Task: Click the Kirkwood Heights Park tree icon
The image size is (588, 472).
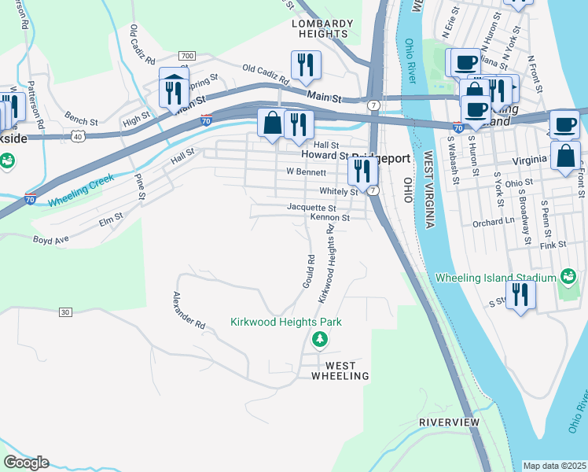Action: [x=319, y=339]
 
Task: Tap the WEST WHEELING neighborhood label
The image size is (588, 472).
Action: [x=340, y=371]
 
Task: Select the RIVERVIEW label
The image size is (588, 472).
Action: [x=449, y=422]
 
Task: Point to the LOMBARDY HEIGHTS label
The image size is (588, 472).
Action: [x=322, y=29]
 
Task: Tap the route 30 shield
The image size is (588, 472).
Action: [x=64, y=312]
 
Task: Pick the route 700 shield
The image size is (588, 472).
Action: [x=186, y=56]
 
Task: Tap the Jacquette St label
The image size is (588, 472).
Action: [x=311, y=208]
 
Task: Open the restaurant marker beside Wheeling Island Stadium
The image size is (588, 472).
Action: [x=520, y=295]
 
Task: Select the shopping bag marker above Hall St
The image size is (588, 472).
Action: [x=272, y=124]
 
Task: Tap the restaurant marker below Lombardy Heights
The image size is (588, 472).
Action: [x=304, y=65]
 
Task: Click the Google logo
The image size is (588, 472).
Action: [x=26, y=463]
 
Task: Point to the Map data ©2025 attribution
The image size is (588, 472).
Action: [x=554, y=466]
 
